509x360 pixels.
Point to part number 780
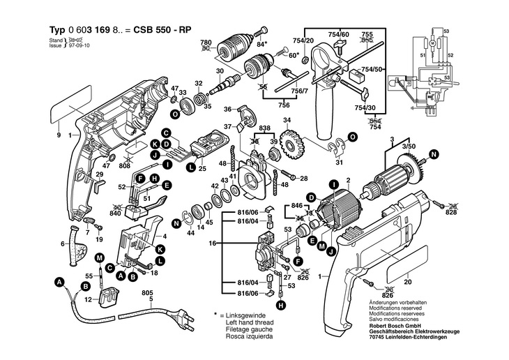click(x=206, y=42)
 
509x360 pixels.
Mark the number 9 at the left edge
click(x=59, y=135)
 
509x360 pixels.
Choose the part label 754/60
click(x=340, y=33)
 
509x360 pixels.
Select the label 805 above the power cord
click(x=146, y=293)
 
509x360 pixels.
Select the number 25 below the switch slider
click(x=202, y=169)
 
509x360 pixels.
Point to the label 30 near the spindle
click(x=218, y=71)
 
